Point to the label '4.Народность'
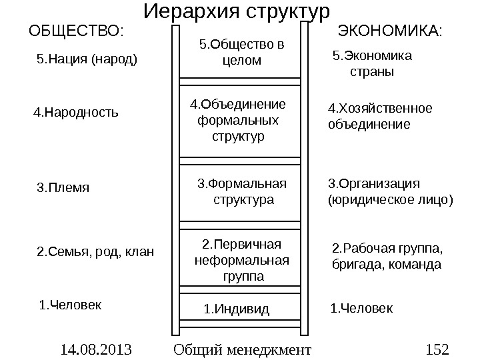[x=76, y=113]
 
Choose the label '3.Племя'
[x=62, y=187]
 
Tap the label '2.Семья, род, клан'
[x=94, y=252]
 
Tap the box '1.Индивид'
[x=237, y=309]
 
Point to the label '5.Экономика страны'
[x=372, y=63]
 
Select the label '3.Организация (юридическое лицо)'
[x=391, y=191]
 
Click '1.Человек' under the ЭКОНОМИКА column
[x=362, y=309]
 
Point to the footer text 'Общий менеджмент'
[x=241, y=349]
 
